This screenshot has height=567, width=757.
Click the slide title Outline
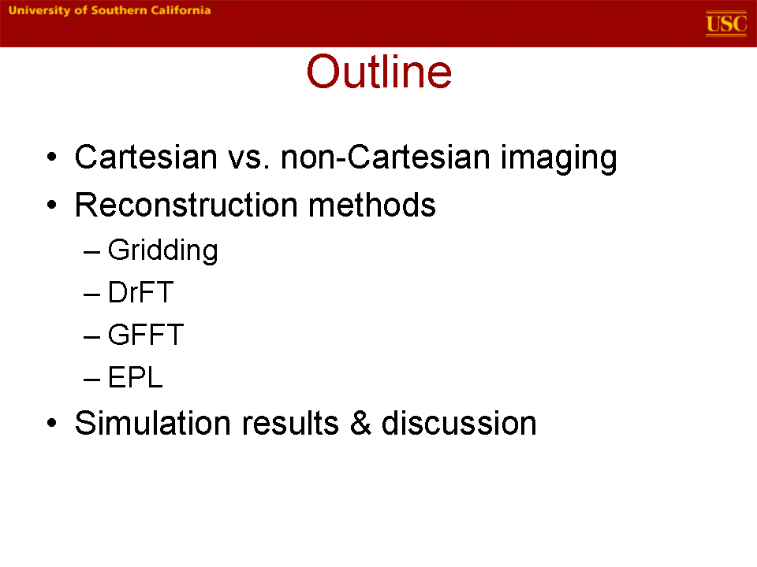click(379, 72)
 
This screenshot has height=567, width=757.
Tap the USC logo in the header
click(726, 23)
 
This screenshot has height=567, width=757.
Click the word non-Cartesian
click(386, 157)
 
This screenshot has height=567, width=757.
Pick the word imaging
click(558, 158)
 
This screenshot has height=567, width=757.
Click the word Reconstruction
click(186, 205)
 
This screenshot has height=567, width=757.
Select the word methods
click(371, 205)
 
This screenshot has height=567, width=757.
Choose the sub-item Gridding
click(162, 250)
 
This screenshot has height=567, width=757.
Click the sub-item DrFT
click(140, 292)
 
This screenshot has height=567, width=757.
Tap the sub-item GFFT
click(146, 335)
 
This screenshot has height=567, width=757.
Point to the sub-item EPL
click(135, 377)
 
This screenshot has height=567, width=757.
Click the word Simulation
click(152, 423)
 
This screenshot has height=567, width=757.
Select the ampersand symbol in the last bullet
click(360, 423)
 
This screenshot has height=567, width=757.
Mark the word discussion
click(459, 423)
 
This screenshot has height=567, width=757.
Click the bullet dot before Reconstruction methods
click(52, 205)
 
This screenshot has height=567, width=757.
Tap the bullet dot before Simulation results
click(52, 424)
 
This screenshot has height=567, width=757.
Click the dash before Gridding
click(91, 252)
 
